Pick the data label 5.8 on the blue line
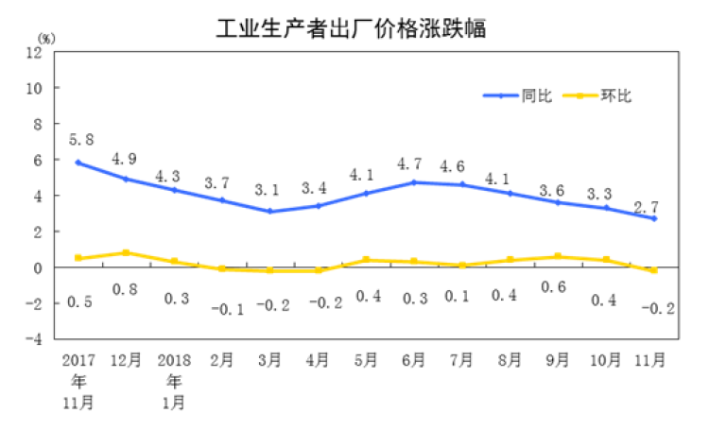81,139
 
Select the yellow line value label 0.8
127,289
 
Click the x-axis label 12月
126,360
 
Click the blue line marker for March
270,211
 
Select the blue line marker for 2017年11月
78,163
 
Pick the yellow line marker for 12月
127,252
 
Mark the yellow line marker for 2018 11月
653,270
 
